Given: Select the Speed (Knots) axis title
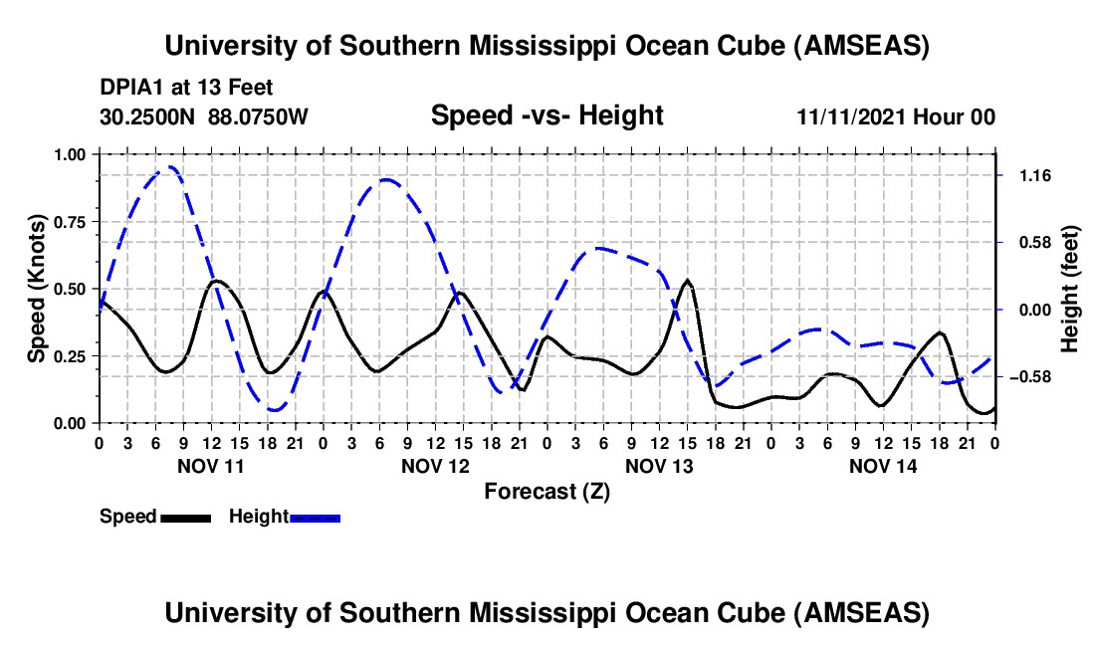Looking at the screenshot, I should tap(37, 289).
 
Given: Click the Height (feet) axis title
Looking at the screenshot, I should tap(1070, 289).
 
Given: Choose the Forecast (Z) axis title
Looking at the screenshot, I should tap(547, 491).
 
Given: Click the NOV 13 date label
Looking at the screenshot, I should tap(658, 466).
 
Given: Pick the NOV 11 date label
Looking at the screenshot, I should tap(210, 466).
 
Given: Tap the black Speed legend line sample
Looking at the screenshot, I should tap(185, 518).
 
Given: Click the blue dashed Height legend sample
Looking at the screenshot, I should tap(315, 518).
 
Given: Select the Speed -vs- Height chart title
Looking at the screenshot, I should tap(547, 116).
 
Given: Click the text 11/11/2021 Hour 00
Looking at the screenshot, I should tap(896, 117).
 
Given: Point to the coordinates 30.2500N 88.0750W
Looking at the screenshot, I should tap(205, 117).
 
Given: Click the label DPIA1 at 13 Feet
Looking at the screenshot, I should tap(186, 88).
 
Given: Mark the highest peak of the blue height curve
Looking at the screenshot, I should tap(170, 167).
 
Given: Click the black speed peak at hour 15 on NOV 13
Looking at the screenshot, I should tap(688, 281).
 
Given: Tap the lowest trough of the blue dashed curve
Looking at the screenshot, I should tap(275, 410).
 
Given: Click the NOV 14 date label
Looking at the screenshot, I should tap(882, 466).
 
